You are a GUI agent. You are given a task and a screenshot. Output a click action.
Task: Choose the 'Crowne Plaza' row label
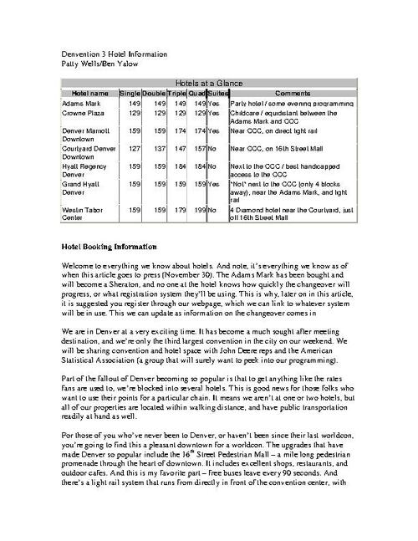[84, 111]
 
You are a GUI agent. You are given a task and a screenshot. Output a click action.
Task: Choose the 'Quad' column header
[196, 93]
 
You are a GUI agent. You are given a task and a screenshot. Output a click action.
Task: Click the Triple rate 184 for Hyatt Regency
[177, 166]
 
